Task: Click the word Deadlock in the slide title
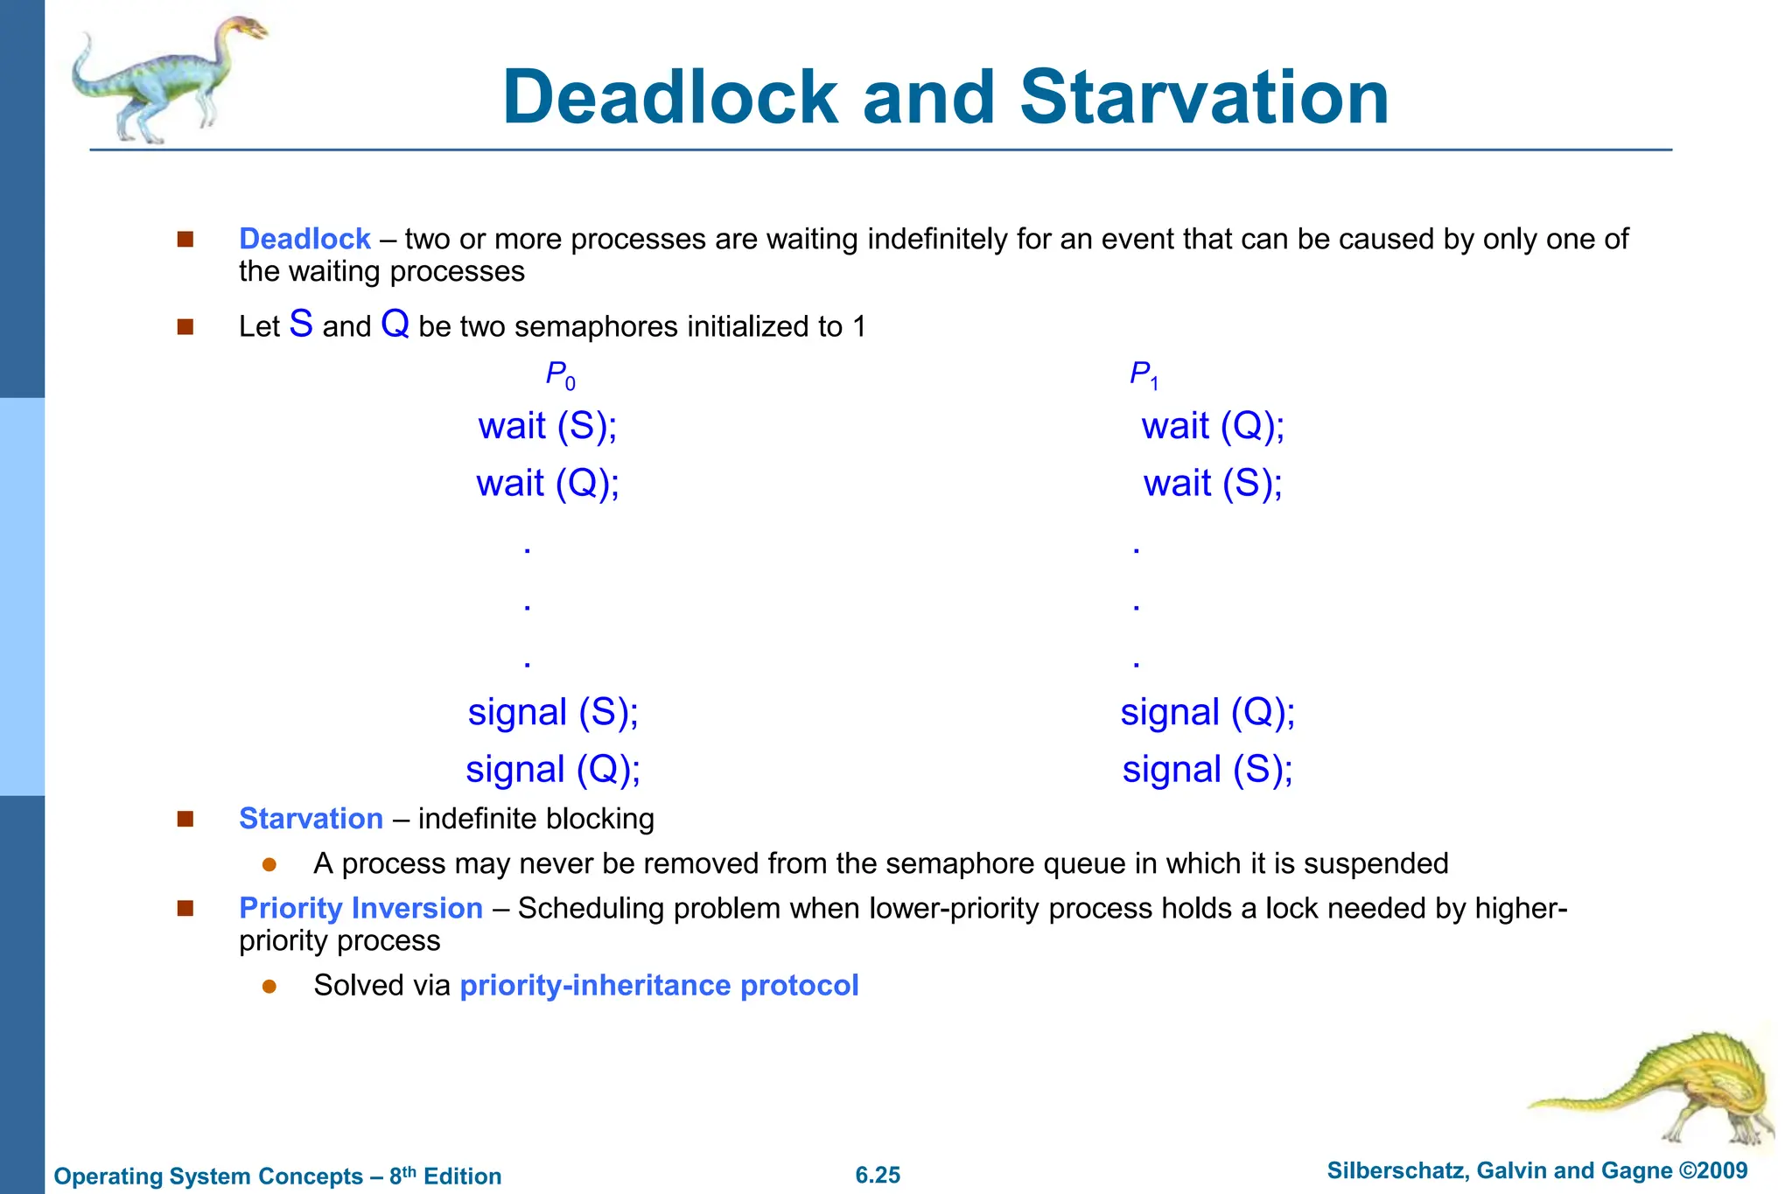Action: (x=670, y=97)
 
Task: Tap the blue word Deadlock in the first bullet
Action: (x=304, y=239)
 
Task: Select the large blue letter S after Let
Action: (x=301, y=324)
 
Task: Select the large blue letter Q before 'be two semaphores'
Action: (x=395, y=324)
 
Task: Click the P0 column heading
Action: (x=560, y=375)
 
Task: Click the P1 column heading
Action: (x=1143, y=375)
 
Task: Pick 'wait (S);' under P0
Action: (x=548, y=427)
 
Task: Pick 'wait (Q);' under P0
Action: (x=548, y=484)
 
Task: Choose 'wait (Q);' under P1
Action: (x=1213, y=427)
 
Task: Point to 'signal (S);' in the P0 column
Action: (x=553, y=712)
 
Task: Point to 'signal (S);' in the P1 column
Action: (x=1207, y=770)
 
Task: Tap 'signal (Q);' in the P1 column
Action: (x=1207, y=712)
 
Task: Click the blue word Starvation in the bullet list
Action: (x=311, y=819)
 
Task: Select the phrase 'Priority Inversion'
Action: (x=360, y=908)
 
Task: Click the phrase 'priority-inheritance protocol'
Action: (x=659, y=986)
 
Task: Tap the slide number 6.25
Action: (x=878, y=1175)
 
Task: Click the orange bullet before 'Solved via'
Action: (x=269, y=987)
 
